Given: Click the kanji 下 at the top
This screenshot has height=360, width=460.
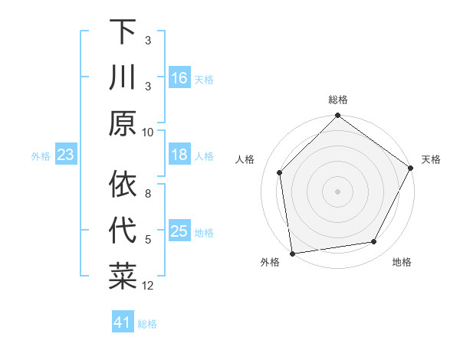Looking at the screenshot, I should [x=123, y=34].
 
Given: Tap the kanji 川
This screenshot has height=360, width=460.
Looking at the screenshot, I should [x=123, y=78].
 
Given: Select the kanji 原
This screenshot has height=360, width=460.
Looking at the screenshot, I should [x=123, y=123].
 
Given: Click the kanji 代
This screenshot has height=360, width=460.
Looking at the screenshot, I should [x=123, y=231].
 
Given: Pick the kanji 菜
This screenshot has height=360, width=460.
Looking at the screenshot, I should [x=123, y=275].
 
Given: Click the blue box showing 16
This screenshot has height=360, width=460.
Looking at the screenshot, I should [x=179, y=78].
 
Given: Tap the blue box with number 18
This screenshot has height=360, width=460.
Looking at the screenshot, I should [x=179, y=155].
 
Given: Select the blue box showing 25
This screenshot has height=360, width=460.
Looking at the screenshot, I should [x=179, y=231].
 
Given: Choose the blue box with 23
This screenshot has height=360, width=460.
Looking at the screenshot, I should [x=65, y=155].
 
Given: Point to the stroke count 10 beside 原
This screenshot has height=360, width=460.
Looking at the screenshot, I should [x=148, y=132].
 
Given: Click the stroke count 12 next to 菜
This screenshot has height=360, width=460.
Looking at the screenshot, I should [x=148, y=286].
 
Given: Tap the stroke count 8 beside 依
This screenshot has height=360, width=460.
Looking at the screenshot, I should [x=148, y=195].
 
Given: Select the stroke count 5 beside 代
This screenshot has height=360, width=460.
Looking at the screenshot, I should [x=148, y=240].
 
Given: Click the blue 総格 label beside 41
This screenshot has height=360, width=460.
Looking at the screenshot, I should [x=147, y=324].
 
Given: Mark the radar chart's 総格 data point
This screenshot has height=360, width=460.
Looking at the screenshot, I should [x=337, y=116].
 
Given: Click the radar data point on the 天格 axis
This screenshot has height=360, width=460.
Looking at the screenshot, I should [x=411, y=169].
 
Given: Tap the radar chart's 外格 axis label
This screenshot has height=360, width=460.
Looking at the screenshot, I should [x=270, y=263].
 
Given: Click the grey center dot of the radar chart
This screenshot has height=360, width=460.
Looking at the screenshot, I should [x=337, y=191].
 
